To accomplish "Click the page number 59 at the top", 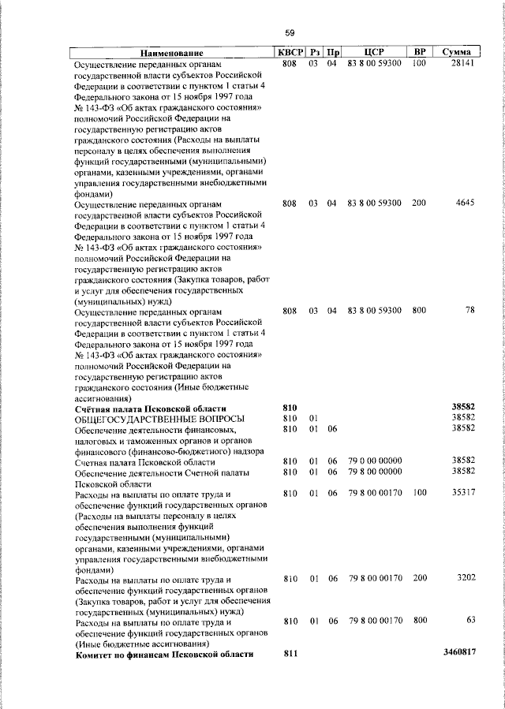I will [290, 32].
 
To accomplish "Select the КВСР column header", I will [289, 52].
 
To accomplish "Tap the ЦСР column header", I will [374, 52].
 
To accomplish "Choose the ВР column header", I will [420, 52].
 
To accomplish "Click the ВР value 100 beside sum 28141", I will [419, 63].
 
